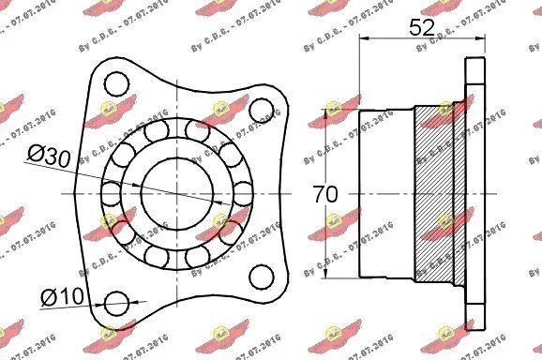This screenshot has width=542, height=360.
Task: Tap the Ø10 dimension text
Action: pos(62,298)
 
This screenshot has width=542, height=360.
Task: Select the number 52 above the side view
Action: pos(422,26)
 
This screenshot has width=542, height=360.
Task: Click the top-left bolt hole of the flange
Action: pos(117,85)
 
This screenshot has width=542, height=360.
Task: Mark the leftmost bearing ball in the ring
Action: pos(110,194)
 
